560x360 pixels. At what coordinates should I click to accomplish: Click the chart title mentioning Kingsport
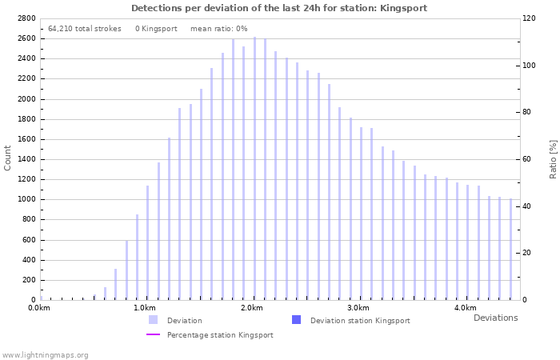(279, 8)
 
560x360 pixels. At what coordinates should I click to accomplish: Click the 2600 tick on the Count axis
(26, 38)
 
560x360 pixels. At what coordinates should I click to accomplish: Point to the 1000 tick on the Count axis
(26, 199)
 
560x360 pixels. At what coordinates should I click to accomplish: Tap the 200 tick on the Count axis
(29, 280)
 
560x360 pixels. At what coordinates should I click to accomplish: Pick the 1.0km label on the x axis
(144, 308)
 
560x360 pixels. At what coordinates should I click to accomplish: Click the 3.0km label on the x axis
(358, 308)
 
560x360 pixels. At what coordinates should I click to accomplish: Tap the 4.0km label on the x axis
(466, 308)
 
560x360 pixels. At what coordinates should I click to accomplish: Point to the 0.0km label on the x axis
(38, 308)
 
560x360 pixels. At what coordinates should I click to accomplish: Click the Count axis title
(8, 158)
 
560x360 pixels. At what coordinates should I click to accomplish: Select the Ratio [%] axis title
(553, 158)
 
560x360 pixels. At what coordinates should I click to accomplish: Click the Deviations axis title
(495, 318)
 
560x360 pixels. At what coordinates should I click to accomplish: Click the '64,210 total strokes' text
(85, 28)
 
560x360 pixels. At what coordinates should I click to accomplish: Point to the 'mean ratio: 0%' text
(218, 28)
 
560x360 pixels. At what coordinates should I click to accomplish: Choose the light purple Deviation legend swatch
(153, 320)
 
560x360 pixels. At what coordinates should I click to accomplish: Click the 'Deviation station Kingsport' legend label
(360, 321)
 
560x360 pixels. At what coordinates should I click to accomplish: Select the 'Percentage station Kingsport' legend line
(153, 335)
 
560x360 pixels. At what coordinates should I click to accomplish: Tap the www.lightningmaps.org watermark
(46, 354)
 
